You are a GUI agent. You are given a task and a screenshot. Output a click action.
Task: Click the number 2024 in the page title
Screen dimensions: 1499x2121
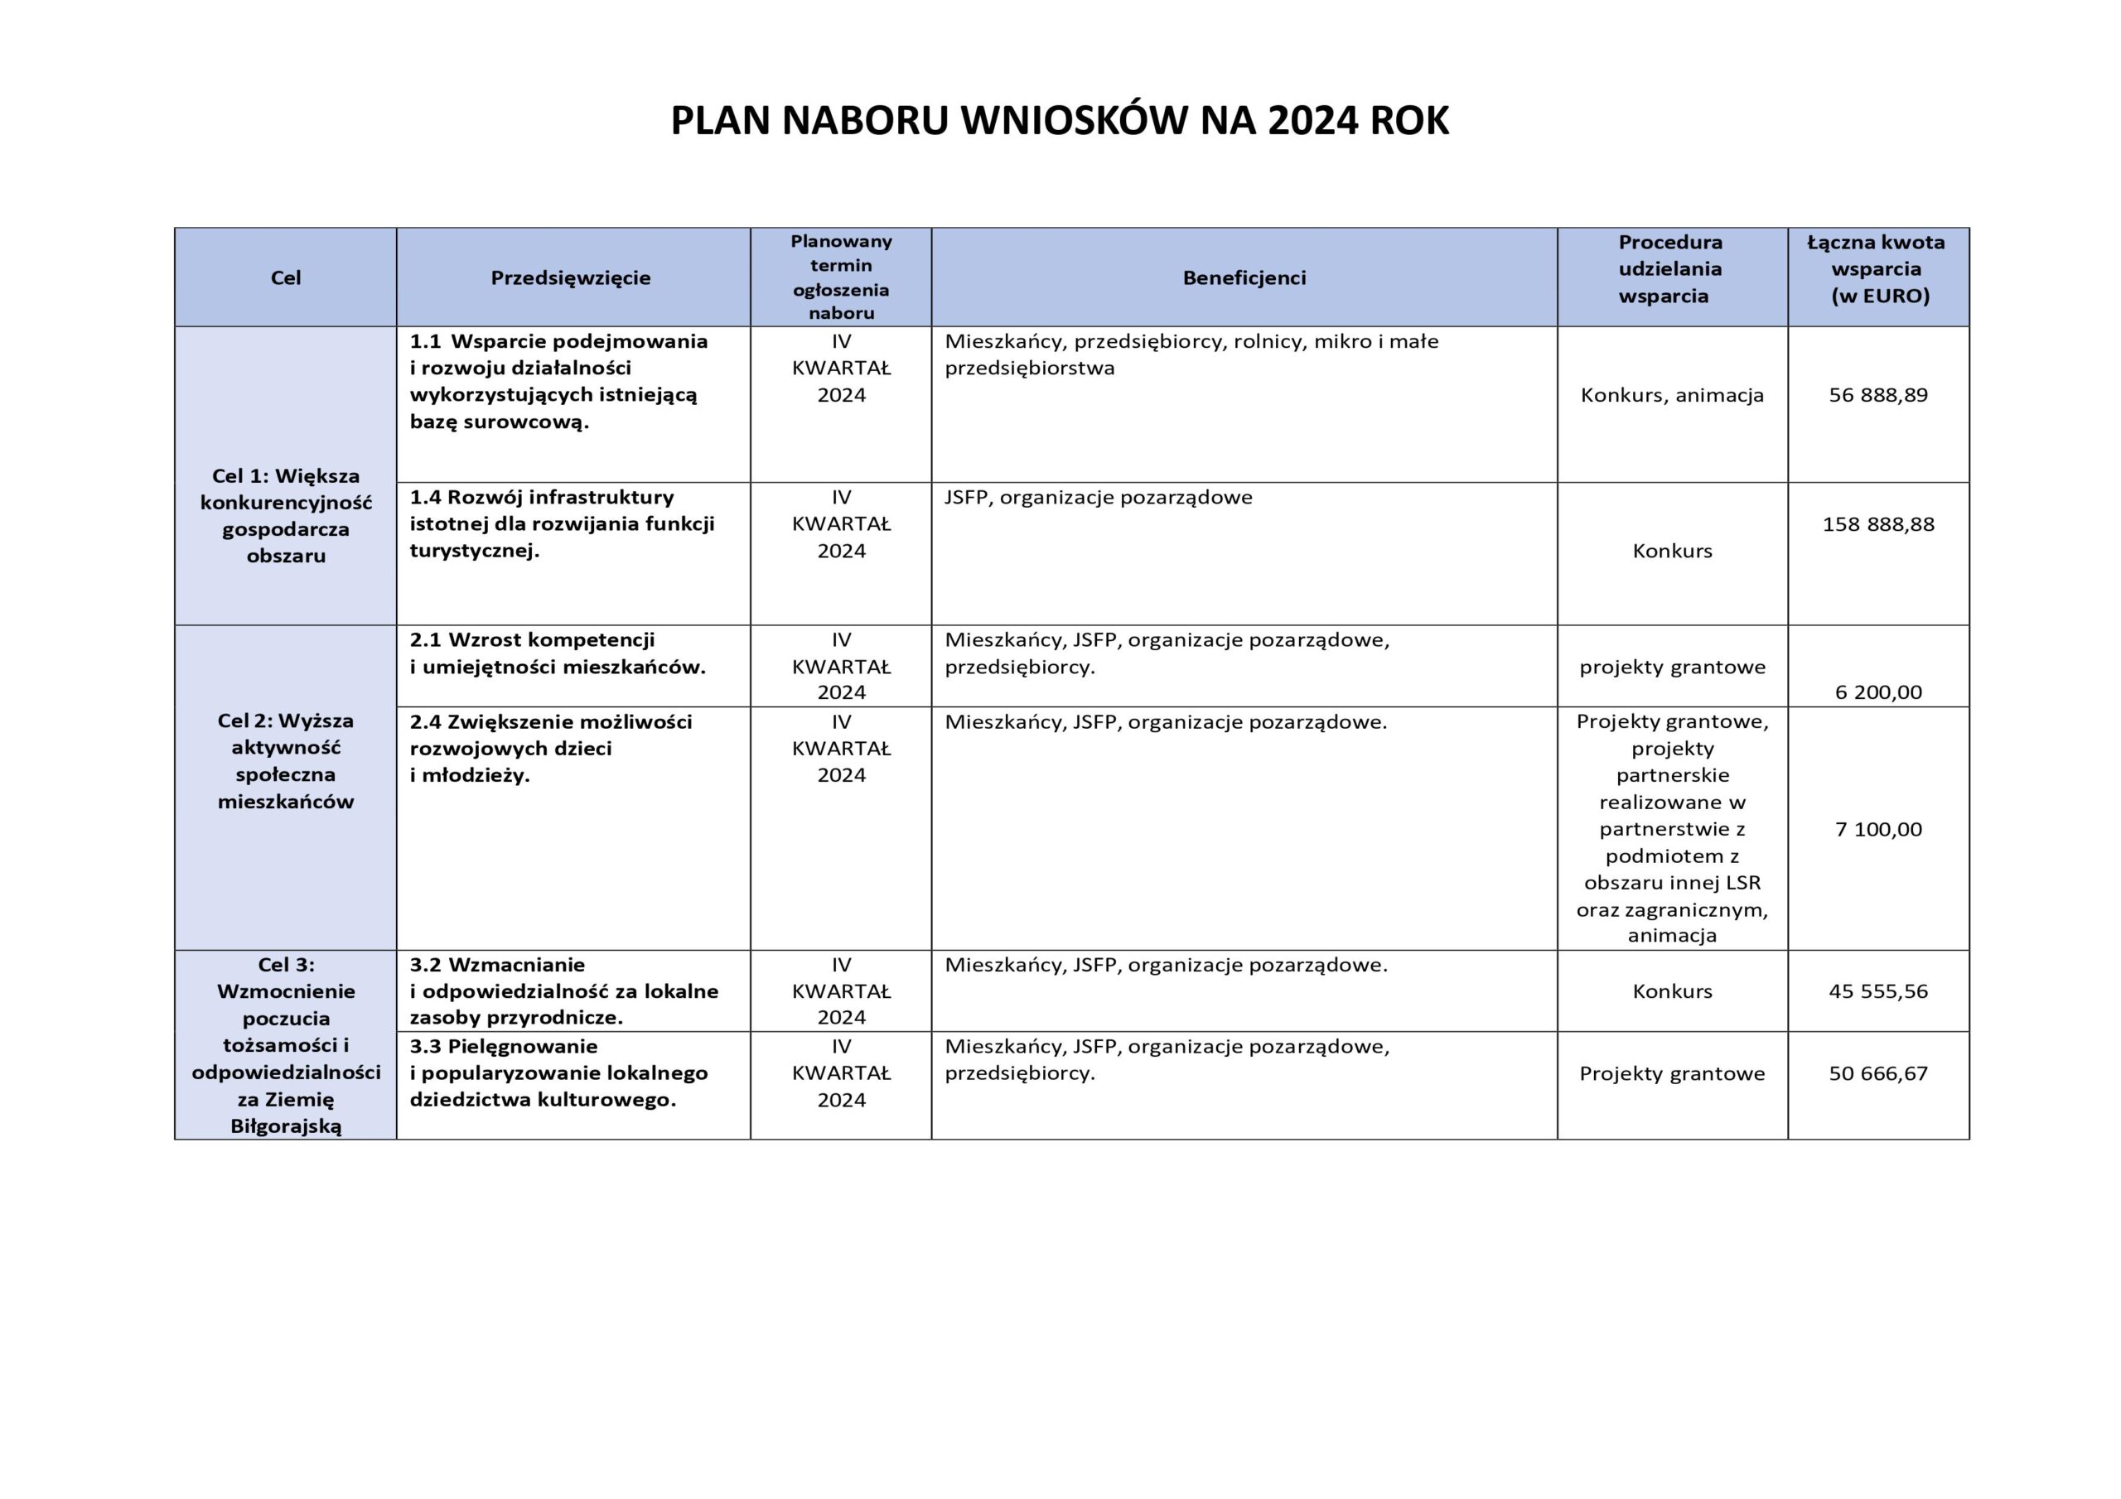coord(1312,121)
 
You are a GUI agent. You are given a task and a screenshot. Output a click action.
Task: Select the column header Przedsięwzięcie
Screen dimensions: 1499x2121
coord(570,278)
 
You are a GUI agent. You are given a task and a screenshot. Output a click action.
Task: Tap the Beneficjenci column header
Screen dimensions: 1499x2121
coord(1244,278)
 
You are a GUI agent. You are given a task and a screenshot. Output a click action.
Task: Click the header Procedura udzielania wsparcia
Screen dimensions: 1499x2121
coord(1670,269)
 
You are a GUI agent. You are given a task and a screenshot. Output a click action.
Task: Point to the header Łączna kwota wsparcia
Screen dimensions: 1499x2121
coord(1877,269)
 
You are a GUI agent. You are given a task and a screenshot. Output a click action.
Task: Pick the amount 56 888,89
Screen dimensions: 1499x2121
coord(1878,395)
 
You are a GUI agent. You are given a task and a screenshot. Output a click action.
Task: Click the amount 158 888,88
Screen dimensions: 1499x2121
coord(1878,524)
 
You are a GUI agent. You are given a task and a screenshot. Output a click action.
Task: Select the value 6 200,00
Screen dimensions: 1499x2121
coord(1878,692)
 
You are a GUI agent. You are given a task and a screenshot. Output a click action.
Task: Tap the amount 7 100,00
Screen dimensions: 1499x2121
coord(1878,828)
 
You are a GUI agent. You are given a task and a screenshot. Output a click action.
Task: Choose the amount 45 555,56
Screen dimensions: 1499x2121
coord(1878,991)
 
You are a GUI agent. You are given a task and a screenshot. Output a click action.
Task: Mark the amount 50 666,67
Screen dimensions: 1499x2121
coord(1878,1073)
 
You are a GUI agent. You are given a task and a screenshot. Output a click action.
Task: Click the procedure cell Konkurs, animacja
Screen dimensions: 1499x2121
coord(1672,395)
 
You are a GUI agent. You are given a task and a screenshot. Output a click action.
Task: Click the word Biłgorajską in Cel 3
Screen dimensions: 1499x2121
coord(286,1125)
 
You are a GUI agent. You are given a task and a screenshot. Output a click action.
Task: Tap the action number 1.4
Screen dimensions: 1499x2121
coord(426,498)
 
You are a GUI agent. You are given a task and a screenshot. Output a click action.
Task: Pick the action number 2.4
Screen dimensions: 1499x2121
coord(426,722)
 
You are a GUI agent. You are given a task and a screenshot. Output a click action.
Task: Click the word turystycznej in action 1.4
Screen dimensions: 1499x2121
coord(472,552)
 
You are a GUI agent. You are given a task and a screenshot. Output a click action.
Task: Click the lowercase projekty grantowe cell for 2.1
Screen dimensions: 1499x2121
coord(1672,667)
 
